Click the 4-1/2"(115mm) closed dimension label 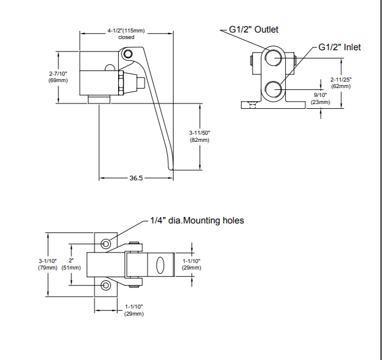click(126, 33)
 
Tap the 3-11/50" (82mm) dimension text click(199, 137)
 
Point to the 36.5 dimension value click(137, 177)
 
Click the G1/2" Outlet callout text click(253, 30)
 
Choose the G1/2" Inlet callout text click(339, 47)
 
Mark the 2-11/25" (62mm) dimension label click(340, 82)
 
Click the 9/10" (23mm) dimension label click(320, 98)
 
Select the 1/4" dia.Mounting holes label click(197, 220)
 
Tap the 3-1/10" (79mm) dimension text click(48, 264)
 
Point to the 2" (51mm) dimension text click(71, 264)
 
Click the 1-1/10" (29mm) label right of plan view click(192, 264)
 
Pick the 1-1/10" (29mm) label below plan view click(134, 310)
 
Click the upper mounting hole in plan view click(106, 244)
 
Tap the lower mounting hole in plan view click(106, 286)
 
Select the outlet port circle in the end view click(273, 59)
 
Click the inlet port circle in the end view click(273, 89)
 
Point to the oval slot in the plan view click(160, 265)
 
